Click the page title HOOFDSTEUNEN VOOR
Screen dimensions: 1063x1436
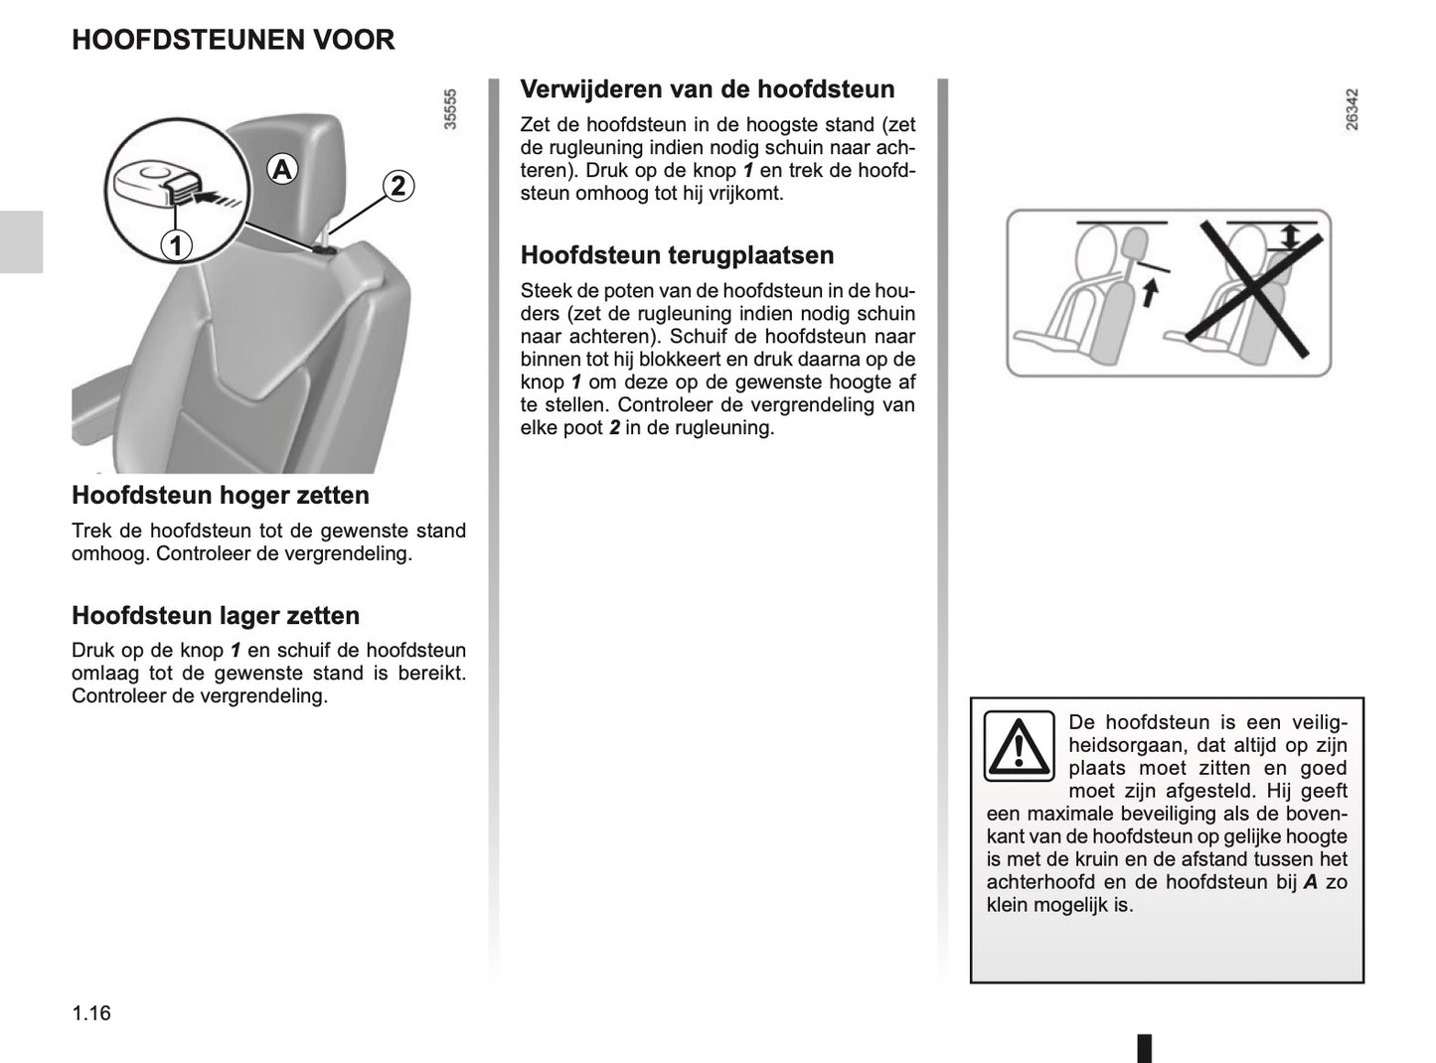233,40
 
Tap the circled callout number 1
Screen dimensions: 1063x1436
176,244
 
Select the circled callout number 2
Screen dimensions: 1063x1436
398,186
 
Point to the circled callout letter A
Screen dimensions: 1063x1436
282,170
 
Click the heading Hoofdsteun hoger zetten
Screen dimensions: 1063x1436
220,495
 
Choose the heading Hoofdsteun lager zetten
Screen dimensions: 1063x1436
215,615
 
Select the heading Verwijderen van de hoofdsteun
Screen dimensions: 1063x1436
707,89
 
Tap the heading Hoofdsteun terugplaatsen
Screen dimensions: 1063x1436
677,255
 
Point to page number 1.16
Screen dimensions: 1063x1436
91,1013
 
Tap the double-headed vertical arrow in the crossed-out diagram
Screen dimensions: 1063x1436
1290,236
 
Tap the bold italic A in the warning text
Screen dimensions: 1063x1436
1310,882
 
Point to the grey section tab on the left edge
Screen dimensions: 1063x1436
21,241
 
